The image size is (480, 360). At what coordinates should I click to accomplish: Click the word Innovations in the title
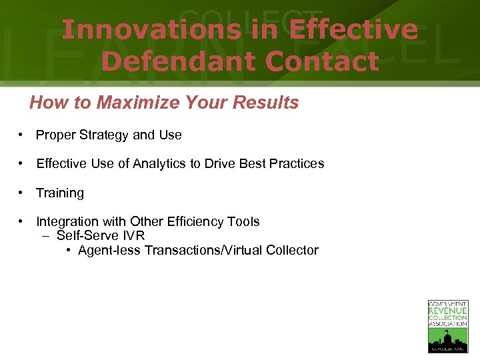pyautogui.click(x=151, y=30)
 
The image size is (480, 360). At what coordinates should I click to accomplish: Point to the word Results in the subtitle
pyautogui.click(x=270, y=103)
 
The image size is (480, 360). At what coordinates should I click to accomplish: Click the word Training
pyautogui.click(x=60, y=193)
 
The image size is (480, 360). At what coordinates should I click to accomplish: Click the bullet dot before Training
pyautogui.click(x=22, y=193)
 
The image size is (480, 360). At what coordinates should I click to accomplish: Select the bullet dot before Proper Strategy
pyautogui.click(x=22, y=135)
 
